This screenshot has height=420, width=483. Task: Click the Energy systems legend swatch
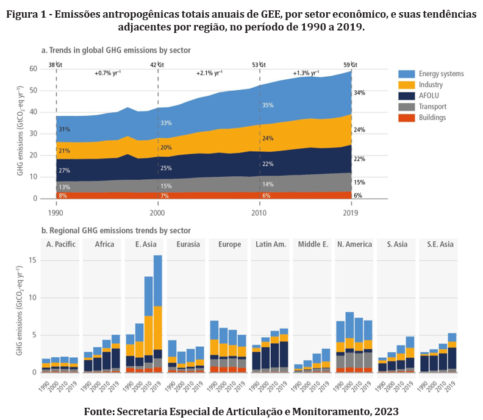[x=407, y=73]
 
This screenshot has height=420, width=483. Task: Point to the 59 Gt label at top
[x=350, y=64]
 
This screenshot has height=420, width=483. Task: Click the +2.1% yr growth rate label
[x=209, y=73]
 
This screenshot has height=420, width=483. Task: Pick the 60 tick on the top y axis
[x=33, y=69]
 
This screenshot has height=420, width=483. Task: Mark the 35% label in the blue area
[x=267, y=105]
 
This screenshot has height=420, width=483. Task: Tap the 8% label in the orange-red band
[x=63, y=196]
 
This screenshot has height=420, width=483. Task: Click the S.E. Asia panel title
[x=438, y=244]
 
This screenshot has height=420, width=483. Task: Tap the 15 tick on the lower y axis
[x=33, y=260]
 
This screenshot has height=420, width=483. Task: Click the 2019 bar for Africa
[x=115, y=354]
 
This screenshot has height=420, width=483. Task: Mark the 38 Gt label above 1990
[x=55, y=64]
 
